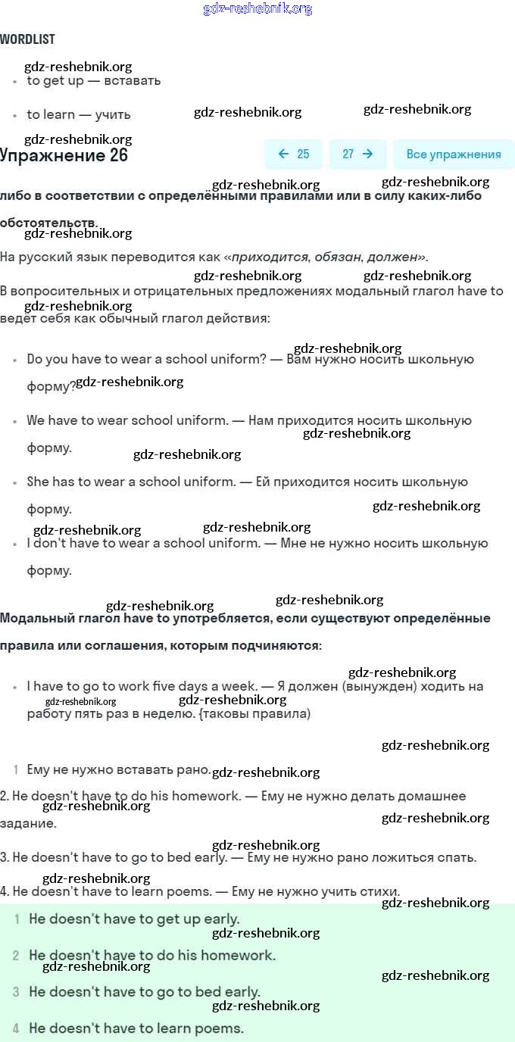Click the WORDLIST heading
pyautogui.click(x=27, y=39)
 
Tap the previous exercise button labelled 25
pyautogui.click(x=294, y=154)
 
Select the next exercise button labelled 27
pyautogui.click(x=357, y=154)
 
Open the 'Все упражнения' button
pyautogui.click(x=454, y=154)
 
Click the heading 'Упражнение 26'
pyautogui.click(x=64, y=156)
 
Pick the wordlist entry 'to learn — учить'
pyautogui.click(x=79, y=114)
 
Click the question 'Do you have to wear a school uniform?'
pyautogui.click(x=146, y=359)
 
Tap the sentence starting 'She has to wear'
pyautogui.click(x=131, y=482)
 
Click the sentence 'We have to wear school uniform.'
pyautogui.click(x=127, y=420)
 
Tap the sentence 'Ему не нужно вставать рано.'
pyautogui.click(x=119, y=769)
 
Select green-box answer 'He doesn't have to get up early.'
pyautogui.click(x=134, y=919)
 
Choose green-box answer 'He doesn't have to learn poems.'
pyautogui.click(x=136, y=1028)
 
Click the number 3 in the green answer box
pyautogui.click(x=16, y=992)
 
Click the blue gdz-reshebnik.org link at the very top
pyautogui.click(x=257, y=9)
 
